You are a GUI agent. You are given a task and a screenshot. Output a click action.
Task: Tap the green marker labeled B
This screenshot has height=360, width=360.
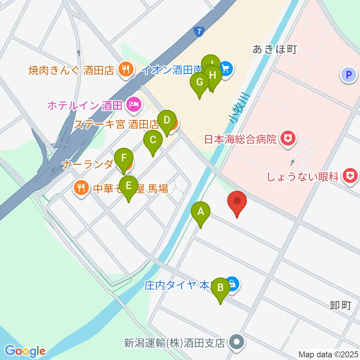click(x=220, y=288)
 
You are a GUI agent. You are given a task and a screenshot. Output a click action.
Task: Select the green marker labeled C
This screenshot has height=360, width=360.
click(x=153, y=140)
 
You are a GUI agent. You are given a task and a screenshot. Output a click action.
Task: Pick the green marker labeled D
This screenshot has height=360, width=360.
click(x=167, y=120)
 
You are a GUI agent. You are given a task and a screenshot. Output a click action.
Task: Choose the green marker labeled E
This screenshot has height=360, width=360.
click(x=129, y=186)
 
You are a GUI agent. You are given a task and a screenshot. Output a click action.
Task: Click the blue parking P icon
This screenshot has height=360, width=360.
click(x=349, y=75)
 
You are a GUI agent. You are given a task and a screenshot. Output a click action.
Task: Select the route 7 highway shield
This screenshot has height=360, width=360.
click(x=199, y=31)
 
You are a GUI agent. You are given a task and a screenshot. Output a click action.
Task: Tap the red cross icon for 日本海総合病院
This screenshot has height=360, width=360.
click(x=288, y=139)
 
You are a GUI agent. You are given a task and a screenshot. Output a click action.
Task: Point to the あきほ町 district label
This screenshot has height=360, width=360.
click(x=274, y=49)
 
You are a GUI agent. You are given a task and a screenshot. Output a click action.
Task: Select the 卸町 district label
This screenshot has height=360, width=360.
click(x=340, y=305)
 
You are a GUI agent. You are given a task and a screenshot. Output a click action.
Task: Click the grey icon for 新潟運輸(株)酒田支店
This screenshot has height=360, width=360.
click(x=237, y=342)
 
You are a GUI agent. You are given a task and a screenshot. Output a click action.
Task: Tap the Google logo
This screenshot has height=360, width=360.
click(x=25, y=351)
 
